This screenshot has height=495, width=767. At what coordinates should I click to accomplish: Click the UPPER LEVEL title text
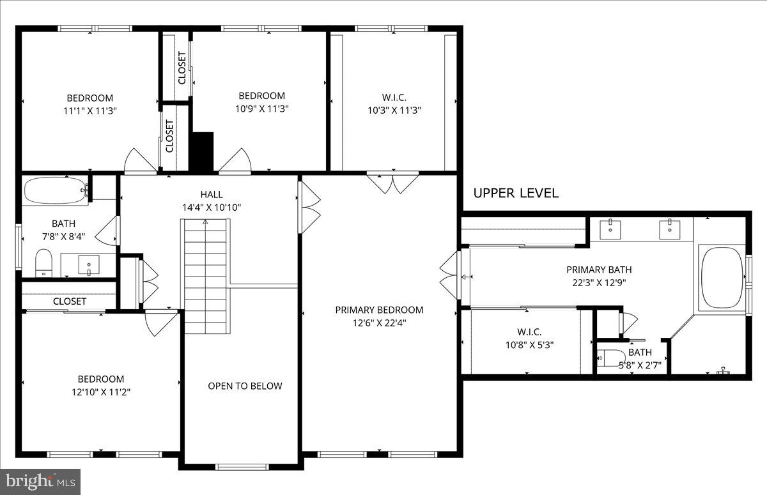516,194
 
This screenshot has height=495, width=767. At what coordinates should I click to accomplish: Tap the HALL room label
212,194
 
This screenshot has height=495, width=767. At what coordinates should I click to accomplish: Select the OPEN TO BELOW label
245,386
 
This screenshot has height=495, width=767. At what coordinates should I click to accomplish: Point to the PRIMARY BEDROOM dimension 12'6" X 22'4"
379,323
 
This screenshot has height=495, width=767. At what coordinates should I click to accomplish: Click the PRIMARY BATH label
599,270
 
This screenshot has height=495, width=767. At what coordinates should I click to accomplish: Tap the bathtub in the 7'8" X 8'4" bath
56,190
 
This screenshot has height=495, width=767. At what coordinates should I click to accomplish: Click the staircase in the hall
205,277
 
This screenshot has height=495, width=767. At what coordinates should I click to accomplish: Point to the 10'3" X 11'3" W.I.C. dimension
394,110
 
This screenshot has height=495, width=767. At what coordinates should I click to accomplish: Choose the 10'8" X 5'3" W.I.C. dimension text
529,345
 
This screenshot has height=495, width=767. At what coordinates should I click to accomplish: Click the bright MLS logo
40,482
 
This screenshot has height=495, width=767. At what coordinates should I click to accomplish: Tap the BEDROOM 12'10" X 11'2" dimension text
101,392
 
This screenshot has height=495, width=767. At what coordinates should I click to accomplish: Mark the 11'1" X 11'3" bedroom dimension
90,111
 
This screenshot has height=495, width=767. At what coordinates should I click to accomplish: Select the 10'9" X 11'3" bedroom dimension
261,109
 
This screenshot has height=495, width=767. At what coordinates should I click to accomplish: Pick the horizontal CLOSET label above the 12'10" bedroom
70,301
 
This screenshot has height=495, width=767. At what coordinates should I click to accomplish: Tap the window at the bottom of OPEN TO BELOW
243,467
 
